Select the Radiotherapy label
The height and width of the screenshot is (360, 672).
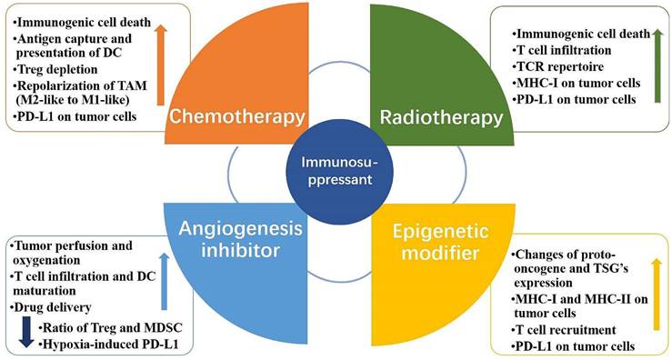[x=442, y=118]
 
